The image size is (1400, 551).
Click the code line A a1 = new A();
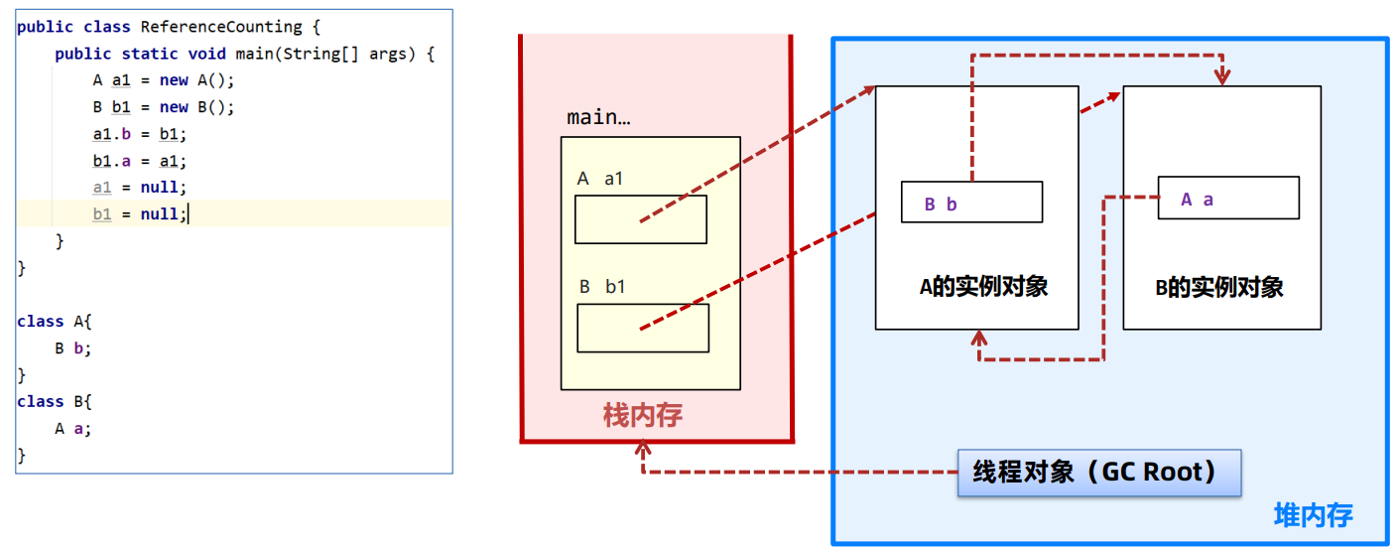coord(164,80)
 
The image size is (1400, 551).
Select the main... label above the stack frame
coord(598,117)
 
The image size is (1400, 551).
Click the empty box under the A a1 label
coord(640,219)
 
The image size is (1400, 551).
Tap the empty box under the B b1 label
coord(643,328)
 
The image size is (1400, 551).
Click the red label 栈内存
coord(643,415)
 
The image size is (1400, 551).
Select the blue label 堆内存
coord(1313,515)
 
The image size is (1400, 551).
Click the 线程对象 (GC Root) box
coord(1099,473)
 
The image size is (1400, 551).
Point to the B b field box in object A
coord(971,203)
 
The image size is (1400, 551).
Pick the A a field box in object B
coord(1228,199)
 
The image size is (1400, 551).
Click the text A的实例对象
coord(983,287)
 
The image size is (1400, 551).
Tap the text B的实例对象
coord(1218,288)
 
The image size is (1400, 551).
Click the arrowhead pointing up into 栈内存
coord(643,448)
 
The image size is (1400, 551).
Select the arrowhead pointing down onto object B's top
coord(1223,77)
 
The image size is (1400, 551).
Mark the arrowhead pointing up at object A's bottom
coord(979,339)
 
